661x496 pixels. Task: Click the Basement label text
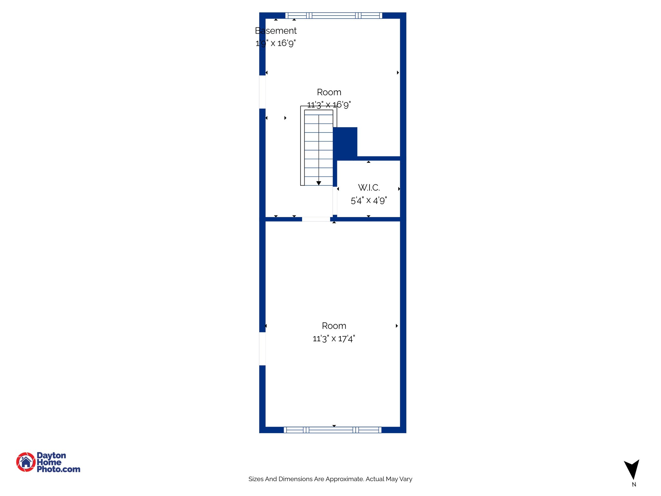276,31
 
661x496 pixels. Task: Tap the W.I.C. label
369,188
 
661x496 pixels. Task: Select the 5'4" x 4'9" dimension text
369,201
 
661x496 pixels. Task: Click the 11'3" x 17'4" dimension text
334,338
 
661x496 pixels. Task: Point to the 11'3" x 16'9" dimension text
329,105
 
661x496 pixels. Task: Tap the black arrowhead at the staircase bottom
319,183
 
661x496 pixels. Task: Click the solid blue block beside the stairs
345,142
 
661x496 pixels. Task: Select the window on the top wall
334,15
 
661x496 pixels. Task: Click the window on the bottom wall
332,430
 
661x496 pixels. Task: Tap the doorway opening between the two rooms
316,219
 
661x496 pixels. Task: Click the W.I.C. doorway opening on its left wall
335,201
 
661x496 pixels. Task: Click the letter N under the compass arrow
634,484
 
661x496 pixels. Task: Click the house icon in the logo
26,462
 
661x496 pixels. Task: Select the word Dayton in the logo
51,456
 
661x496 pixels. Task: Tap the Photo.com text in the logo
58,469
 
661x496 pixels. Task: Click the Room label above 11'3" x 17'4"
334,326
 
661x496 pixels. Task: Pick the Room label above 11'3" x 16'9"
329,92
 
